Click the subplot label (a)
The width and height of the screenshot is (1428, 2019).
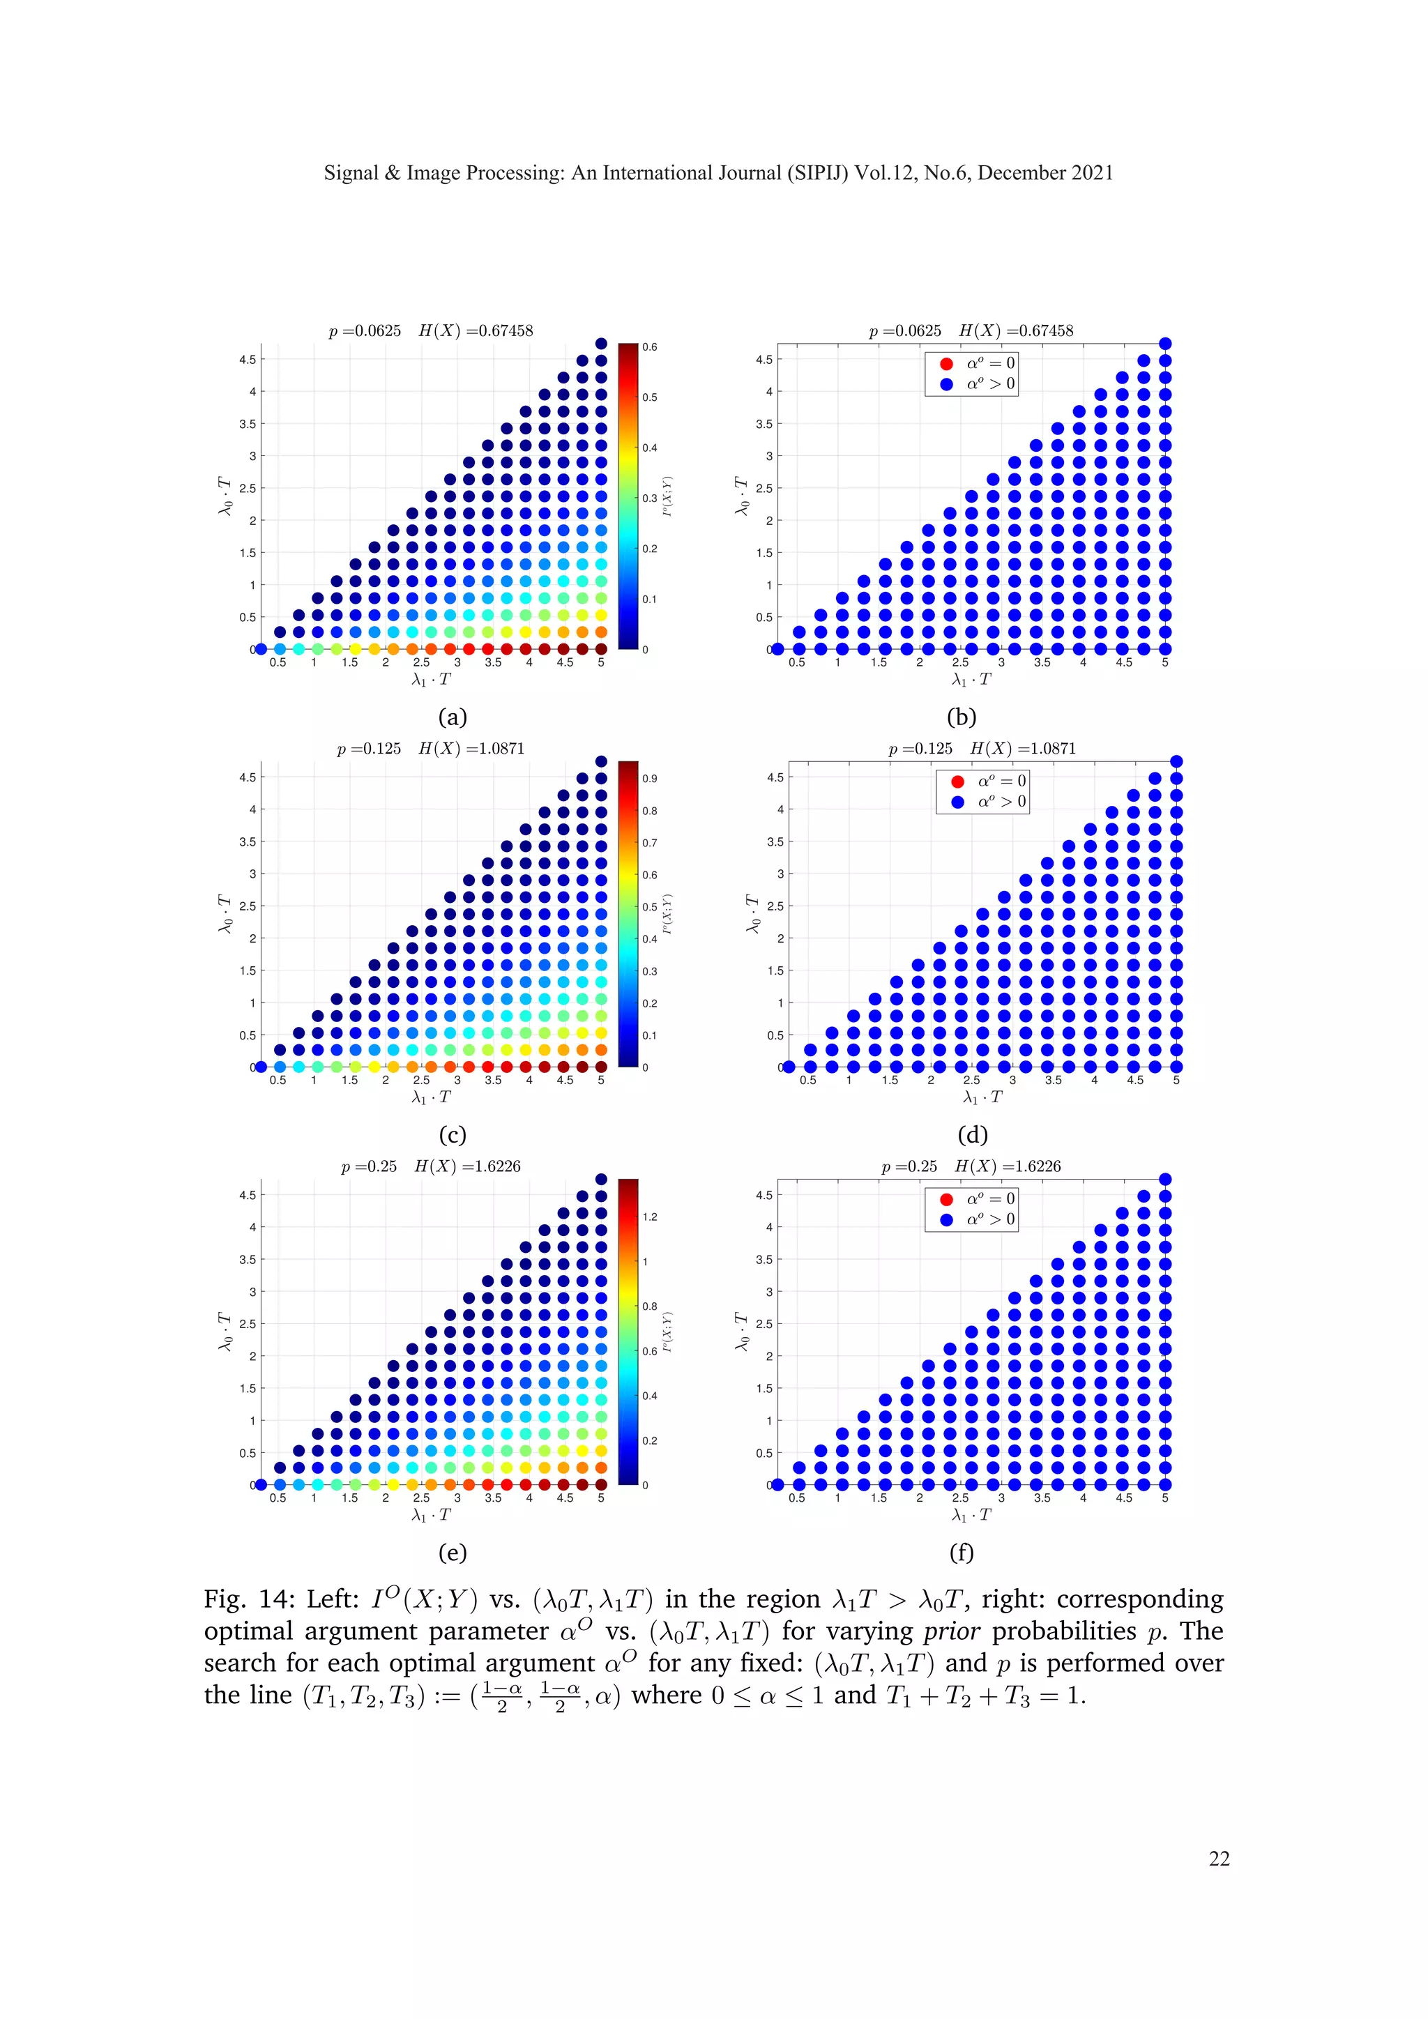tap(452, 717)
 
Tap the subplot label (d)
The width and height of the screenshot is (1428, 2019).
tap(973, 1134)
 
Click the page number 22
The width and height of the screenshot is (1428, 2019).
tap(1219, 1857)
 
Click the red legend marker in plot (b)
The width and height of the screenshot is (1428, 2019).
tap(946, 363)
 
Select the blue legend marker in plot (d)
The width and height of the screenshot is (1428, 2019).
tap(957, 801)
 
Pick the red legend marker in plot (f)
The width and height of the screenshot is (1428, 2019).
tap(946, 1198)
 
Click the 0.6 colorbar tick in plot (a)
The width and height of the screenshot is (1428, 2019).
tap(649, 347)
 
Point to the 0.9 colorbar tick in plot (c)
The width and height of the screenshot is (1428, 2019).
tap(649, 778)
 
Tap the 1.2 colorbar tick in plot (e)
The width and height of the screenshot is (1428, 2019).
tap(650, 1217)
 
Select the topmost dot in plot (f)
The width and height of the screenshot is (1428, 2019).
tap(1165, 1179)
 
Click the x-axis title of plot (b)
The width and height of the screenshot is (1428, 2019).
tap(971, 680)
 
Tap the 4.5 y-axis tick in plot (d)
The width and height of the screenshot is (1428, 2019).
tap(775, 777)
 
